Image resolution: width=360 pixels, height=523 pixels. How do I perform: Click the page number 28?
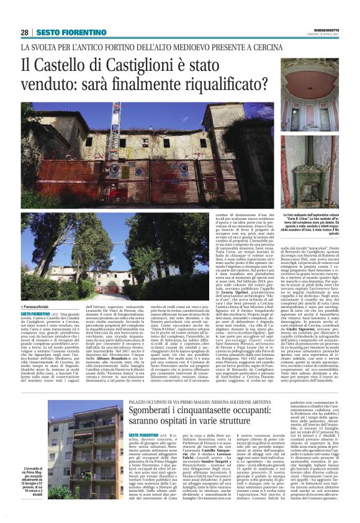pyautogui.click(x=25, y=32)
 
